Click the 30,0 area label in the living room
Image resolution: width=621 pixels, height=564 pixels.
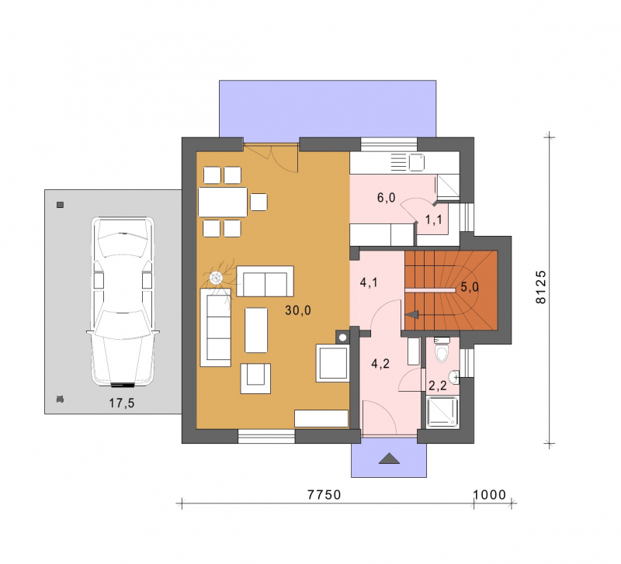point(298,310)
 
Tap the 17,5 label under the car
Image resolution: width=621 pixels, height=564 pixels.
point(122,403)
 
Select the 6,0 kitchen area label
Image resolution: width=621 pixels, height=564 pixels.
point(386,197)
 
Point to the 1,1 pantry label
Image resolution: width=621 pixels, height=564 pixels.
point(434,220)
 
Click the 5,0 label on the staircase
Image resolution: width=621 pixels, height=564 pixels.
point(470,287)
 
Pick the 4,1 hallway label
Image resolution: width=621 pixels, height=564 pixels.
point(369,282)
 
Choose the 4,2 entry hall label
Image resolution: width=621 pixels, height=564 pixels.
point(380,364)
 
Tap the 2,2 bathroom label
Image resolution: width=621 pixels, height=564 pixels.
point(438,385)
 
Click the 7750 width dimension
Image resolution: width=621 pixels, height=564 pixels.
point(324,495)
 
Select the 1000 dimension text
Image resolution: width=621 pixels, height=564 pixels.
point(490,495)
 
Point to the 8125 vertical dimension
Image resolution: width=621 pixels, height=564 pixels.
point(540,287)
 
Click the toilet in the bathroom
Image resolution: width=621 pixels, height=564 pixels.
point(442,349)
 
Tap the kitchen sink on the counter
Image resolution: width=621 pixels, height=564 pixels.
point(416,162)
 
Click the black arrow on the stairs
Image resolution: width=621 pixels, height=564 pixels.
point(412,314)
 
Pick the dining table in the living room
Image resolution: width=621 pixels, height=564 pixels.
point(223,202)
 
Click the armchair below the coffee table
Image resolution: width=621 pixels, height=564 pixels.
point(255,379)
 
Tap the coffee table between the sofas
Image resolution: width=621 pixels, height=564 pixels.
point(256,330)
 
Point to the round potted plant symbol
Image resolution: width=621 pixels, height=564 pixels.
point(216,279)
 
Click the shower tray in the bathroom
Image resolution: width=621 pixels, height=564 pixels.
point(442,413)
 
